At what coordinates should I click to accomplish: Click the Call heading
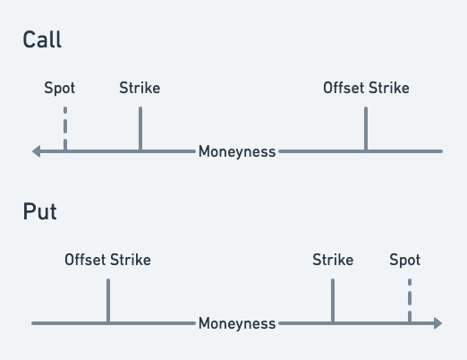click(42, 39)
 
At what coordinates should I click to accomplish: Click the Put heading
click(39, 211)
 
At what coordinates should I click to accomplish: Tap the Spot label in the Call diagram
click(60, 89)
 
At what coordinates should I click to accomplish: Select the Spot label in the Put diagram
click(404, 260)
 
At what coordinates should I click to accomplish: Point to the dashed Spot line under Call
click(65, 129)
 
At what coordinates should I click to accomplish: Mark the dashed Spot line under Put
click(410, 301)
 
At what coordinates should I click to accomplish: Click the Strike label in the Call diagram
click(140, 88)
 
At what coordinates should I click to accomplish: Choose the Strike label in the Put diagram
click(333, 260)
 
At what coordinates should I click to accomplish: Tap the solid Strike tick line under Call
click(140, 129)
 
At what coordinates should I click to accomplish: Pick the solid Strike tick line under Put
click(333, 301)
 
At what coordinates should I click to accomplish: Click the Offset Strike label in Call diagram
click(366, 88)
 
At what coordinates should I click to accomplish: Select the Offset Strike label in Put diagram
click(107, 260)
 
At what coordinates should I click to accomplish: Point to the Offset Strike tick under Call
click(366, 129)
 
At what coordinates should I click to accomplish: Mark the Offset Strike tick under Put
click(108, 301)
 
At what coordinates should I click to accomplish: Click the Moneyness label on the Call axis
click(237, 151)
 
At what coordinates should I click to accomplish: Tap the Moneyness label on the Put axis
click(237, 323)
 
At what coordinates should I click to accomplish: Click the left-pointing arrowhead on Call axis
click(36, 151)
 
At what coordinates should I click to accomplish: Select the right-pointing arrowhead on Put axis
click(437, 323)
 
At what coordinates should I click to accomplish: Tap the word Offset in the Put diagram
click(85, 260)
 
